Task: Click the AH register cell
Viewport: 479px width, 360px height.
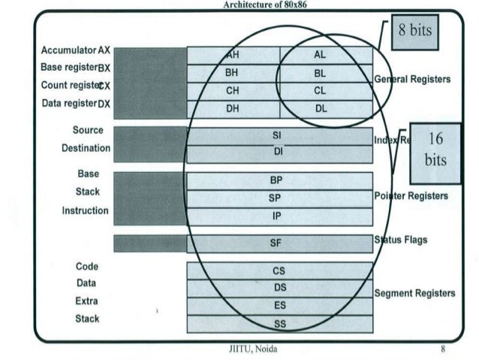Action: point(233,55)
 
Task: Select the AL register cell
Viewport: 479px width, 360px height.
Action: point(326,55)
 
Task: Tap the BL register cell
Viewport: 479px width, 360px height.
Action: point(326,73)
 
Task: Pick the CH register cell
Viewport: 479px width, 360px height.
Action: point(233,91)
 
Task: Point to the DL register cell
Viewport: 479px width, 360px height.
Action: point(326,108)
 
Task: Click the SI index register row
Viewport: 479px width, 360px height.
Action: point(279,135)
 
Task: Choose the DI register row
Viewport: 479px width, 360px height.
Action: point(279,153)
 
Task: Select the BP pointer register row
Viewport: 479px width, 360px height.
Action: point(279,180)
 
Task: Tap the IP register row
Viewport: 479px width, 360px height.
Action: point(279,216)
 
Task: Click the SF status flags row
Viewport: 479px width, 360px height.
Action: point(279,243)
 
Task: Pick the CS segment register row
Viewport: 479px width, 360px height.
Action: point(279,270)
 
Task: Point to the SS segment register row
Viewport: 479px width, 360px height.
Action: point(279,324)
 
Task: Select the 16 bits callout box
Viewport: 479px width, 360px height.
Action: point(435,150)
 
